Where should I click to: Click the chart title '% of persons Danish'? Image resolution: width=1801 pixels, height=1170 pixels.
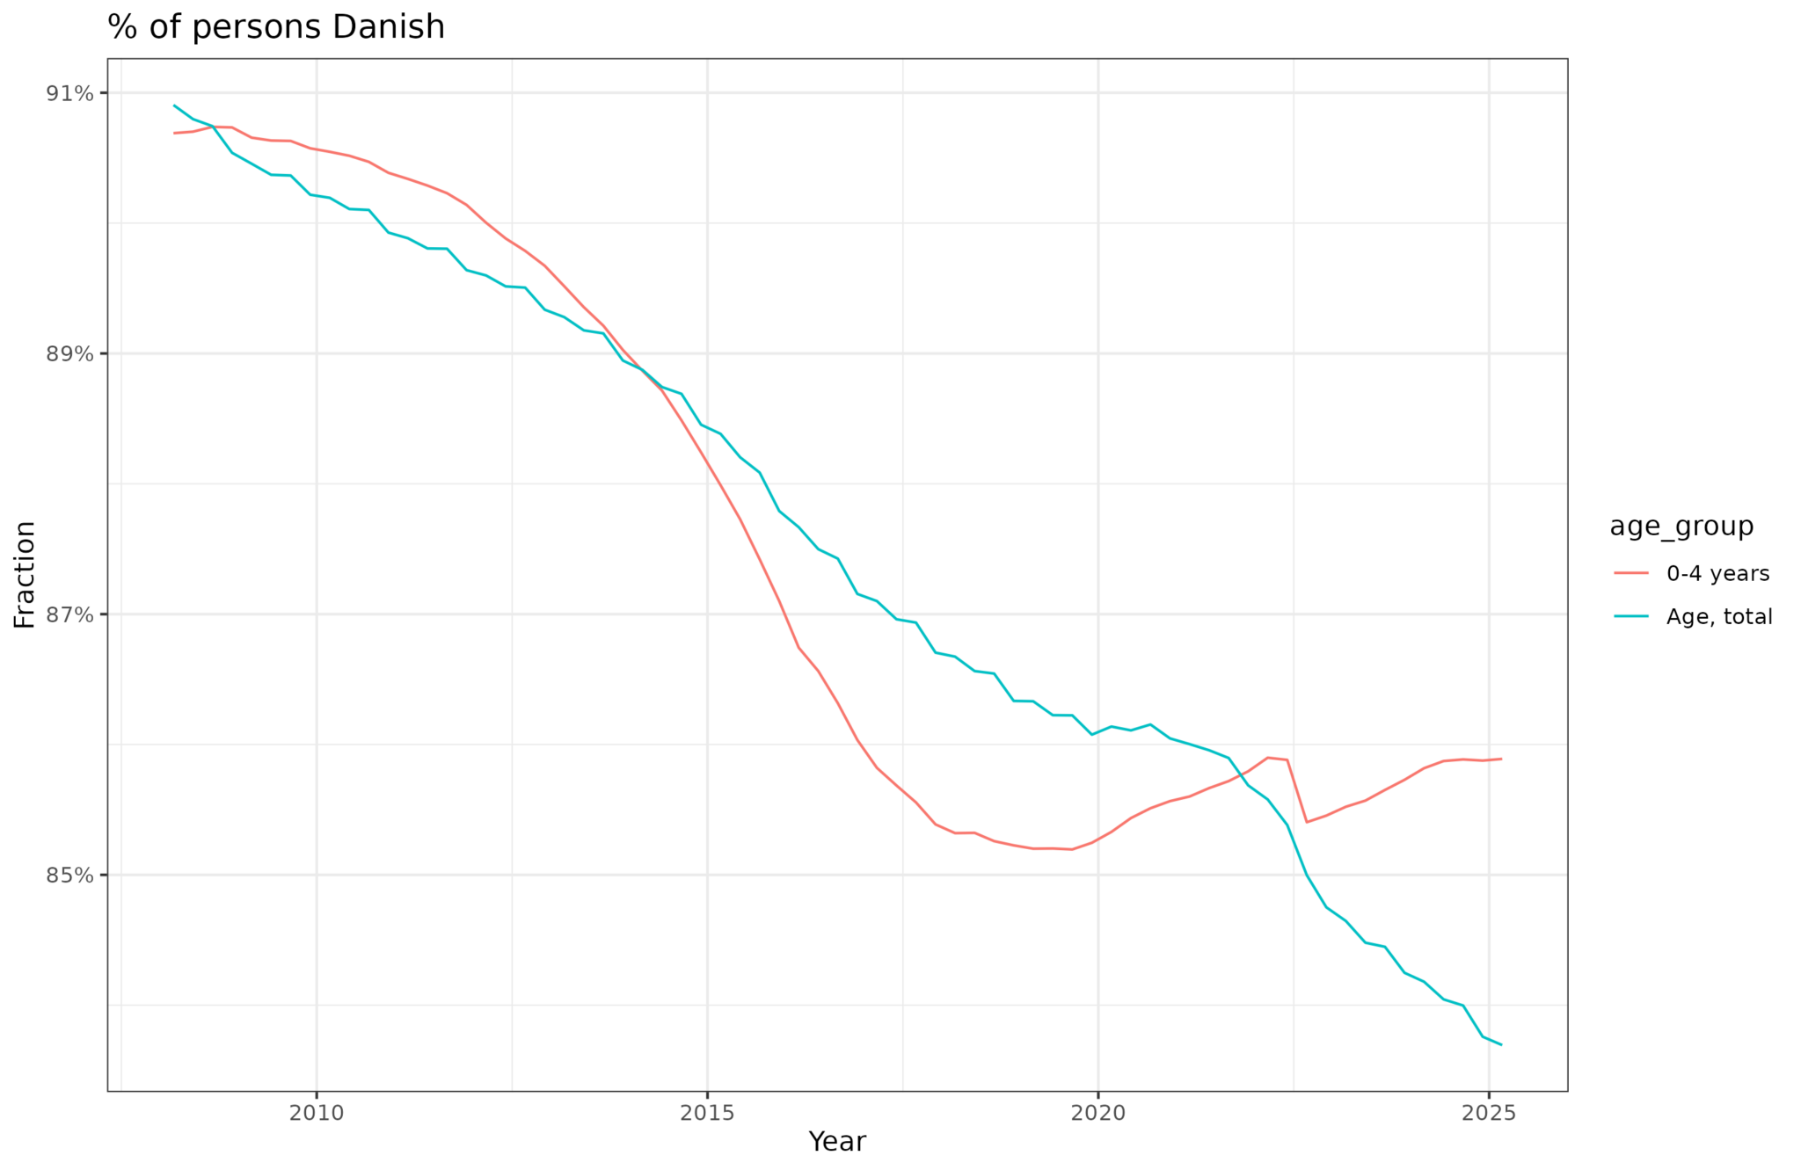click(x=276, y=27)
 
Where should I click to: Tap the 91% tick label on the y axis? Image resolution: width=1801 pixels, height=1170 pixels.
click(x=69, y=93)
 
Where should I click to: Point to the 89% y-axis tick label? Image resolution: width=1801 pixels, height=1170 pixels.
click(x=69, y=353)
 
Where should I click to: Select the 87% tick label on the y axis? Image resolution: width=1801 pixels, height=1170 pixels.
click(x=69, y=614)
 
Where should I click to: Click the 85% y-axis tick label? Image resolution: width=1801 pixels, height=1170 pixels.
click(x=69, y=876)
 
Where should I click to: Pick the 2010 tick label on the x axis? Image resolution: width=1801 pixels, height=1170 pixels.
click(x=317, y=1113)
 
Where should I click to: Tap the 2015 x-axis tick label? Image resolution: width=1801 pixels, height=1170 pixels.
click(x=707, y=1113)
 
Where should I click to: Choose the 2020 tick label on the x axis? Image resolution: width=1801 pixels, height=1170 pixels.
click(x=1097, y=1113)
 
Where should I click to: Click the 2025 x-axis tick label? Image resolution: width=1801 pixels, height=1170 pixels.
click(x=1488, y=1113)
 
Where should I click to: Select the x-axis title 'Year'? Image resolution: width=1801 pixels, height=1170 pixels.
click(x=837, y=1142)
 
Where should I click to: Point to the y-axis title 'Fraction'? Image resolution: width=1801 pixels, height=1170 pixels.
click(x=25, y=575)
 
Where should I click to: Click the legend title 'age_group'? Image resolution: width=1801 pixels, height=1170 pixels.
click(x=1681, y=527)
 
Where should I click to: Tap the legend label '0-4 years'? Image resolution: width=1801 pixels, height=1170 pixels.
click(x=1717, y=574)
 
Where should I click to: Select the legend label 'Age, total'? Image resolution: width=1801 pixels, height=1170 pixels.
click(x=1719, y=617)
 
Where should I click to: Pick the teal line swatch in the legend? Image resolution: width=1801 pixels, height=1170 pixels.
click(x=1631, y=617)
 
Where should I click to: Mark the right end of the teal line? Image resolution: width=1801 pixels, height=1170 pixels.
click(x=1501, y=1044)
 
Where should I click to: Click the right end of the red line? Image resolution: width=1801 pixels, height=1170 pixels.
click(x=1501, y=759)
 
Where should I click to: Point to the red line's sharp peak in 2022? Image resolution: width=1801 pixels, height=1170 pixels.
click(x=1267, y=757)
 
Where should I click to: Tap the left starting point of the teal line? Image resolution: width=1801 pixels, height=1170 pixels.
click(x=174, y=105)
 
